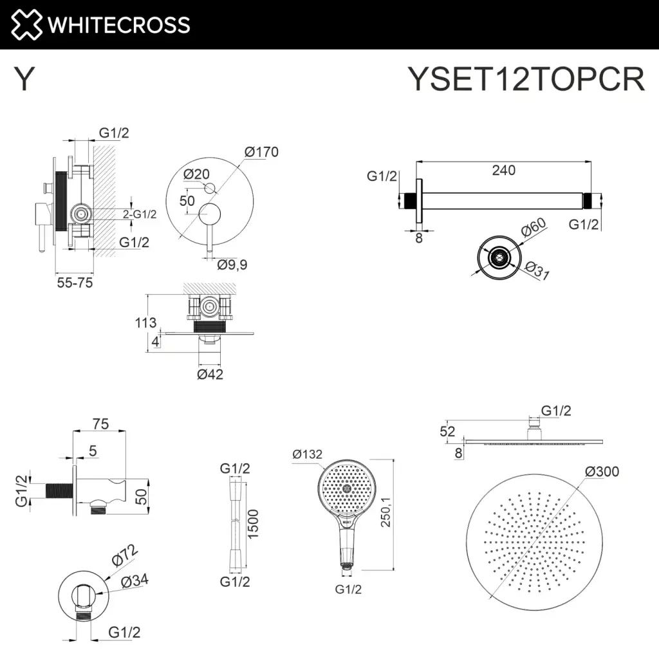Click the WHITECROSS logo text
click(118, 24)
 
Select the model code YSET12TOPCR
click(526, 80)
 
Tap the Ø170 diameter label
click(261, 153)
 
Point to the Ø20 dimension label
click(196, 174)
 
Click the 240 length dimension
click(503, 171)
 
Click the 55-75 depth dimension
click(74, 283)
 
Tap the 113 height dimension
click(145, 322)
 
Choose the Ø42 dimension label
click(210, 374)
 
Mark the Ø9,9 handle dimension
click(232, 264)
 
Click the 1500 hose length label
click(253, 525)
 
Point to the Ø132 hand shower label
click(307, 455)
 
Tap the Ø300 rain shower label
click(602, 472)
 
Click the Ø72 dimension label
click(125, 555)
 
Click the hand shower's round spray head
click(347, 490)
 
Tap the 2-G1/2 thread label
click(140, 214)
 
